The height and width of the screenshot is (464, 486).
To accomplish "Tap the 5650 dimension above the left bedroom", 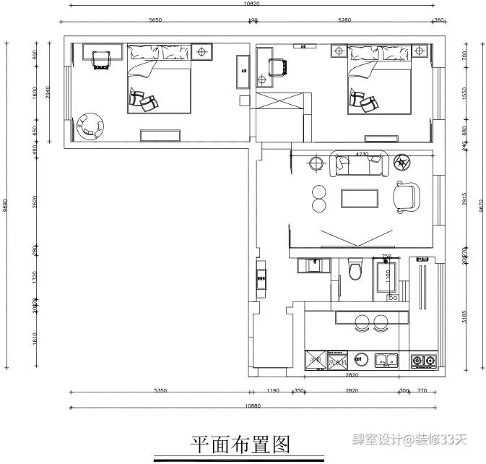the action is pyautogui.click(x=155, y=21).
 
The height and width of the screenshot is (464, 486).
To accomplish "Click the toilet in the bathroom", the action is pyautogui.click(x=354, y=270).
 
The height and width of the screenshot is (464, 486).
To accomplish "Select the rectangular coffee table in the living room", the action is pyautogui.click(x=360, y=197).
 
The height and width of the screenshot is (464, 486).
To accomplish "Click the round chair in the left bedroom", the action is pyautogui.click(x=91, y=125).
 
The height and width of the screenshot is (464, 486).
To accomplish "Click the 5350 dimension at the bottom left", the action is pyautogui.click(x=160, y=391).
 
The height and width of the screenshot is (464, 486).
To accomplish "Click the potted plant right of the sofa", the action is pyautogui.click(x=404, y=162).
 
